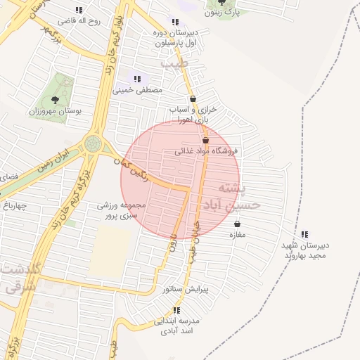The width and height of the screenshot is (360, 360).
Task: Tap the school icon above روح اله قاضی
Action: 78,10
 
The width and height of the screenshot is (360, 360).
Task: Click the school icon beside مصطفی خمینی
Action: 137,79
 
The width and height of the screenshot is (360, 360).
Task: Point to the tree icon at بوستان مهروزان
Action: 56,100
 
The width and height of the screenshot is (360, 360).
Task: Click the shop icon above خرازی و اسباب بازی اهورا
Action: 193,99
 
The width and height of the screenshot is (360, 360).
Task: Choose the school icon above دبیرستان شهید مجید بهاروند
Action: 304,234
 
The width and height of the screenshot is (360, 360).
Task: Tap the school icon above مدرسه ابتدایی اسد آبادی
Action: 177,309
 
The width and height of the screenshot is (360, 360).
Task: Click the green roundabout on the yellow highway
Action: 93,144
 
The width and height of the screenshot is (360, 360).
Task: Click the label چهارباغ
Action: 13,206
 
